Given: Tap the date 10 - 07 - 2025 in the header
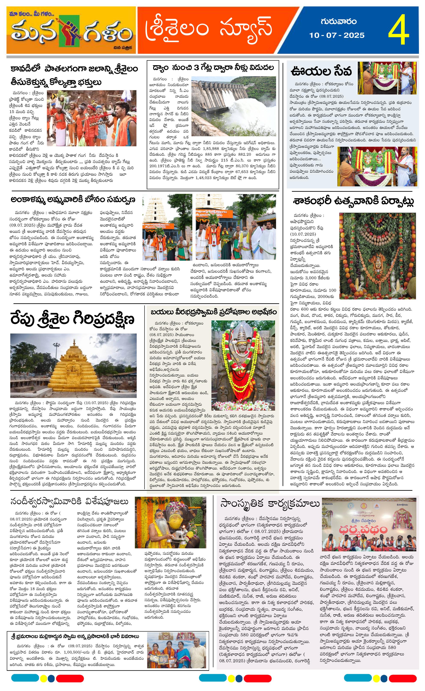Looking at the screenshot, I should pyautogui.click(x=337, y=35).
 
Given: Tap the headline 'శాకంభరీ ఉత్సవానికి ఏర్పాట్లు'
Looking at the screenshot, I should pyautogui.click(x=353, y=202).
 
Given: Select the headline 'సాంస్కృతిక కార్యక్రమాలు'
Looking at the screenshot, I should pyautogui.click(x=270, y=504).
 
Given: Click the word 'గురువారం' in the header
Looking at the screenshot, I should pyautogui.click(x=338, y=22).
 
